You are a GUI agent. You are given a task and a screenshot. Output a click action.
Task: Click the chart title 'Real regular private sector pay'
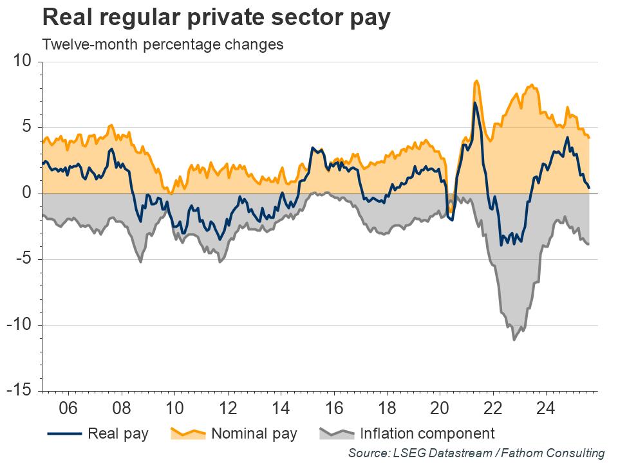216,18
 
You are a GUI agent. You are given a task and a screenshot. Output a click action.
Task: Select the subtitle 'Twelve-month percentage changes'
162,45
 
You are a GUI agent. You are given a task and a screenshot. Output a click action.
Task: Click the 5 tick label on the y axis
26,127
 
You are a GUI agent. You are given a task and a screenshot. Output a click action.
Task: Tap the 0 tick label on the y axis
26,194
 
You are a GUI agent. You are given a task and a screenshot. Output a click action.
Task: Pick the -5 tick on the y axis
23,260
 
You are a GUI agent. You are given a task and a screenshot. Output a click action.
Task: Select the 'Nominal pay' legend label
254,433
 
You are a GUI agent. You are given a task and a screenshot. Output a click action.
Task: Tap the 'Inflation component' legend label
427,433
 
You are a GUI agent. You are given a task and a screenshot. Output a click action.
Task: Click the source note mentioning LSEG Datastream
476,453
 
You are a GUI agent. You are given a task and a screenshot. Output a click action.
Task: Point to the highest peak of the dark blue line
474,102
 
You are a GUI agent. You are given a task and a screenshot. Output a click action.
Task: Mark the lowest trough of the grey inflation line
514,340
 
